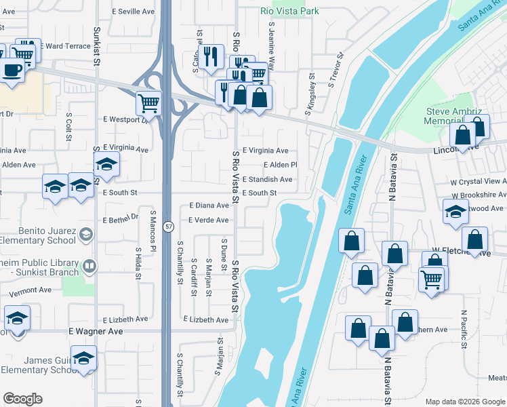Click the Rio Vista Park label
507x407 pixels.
click(x=290, y=11)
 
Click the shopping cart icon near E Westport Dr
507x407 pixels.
click(x=148, y=104)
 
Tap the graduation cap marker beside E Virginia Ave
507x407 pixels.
click(x=106, y=165)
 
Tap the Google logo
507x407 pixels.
click(x=22, y=399)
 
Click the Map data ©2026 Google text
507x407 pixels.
click(x=464, y=402)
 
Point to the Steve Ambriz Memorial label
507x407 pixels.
click(x=453, y=116)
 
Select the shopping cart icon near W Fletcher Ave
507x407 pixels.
click(x=432, y=279)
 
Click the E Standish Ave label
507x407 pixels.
click(x=267, y=180)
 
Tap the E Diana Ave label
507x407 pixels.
click(x=209, y=205)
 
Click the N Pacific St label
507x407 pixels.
click(x=463, y=329)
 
